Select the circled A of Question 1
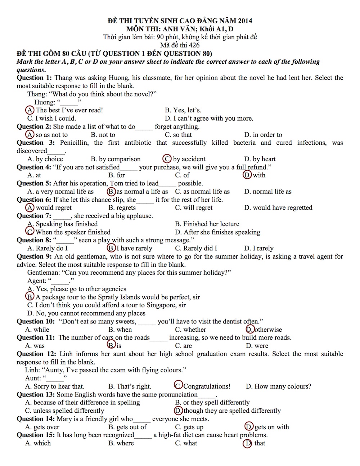tap(30, 110)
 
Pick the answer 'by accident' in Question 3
tap(189, 159)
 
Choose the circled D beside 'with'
tap(247, 175)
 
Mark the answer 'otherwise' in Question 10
tap(268, 330)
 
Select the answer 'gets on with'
tap(271, 427)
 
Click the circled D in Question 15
tap(247, 443)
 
